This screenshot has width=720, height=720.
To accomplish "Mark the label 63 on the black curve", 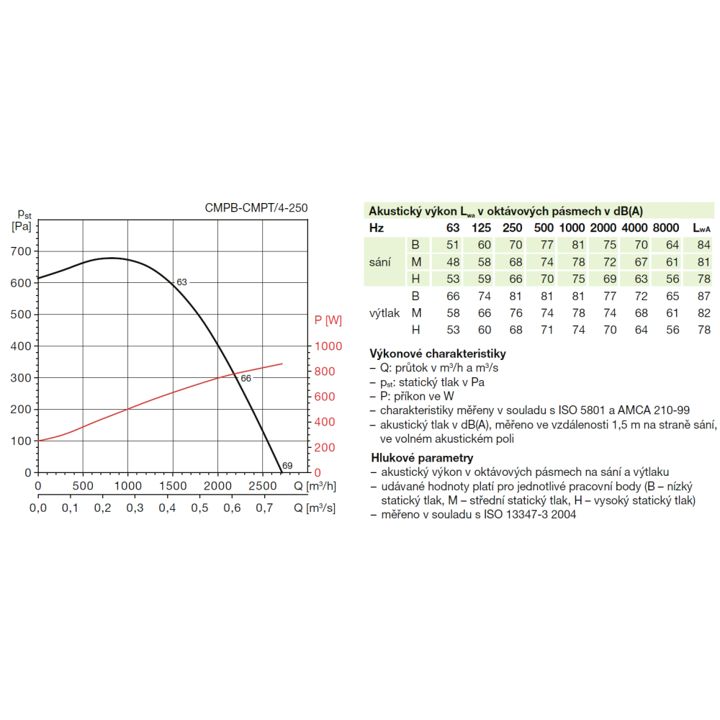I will click(181, 283).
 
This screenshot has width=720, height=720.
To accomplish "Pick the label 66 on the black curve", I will click(245, 379).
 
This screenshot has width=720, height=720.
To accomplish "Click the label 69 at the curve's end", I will click(287, 465).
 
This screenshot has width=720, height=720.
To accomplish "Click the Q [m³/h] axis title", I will click(315, 486).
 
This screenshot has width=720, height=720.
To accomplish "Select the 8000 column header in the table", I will click(666, 228).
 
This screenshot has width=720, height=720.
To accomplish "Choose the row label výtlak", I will click(385, 313).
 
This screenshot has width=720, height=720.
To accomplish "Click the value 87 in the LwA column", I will click(704, 296).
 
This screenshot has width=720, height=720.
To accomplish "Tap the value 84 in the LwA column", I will click(704, 245).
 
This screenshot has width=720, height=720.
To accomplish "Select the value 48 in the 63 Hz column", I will click(452, 262).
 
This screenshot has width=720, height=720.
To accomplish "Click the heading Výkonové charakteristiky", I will click(437, 354).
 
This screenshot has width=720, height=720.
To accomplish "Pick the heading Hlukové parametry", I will click(421, 458).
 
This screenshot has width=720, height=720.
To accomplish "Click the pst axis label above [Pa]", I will click(24, 214).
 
